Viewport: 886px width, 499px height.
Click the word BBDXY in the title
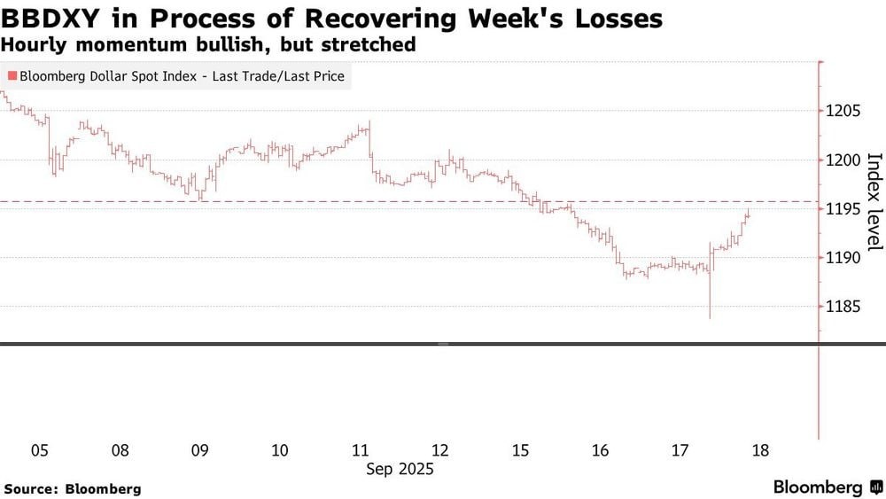point(51,19)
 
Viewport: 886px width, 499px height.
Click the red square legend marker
point(10,77)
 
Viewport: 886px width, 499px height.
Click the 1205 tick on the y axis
point(844,111)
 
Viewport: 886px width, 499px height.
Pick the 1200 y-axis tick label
point(844,160)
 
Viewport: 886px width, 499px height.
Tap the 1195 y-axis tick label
point(844,209)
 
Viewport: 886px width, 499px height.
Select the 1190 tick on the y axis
point(844,258)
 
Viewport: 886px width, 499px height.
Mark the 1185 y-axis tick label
point(844,307)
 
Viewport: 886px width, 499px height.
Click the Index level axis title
point(874,200)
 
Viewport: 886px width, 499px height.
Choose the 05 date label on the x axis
point(40,450)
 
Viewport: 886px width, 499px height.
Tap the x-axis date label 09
point(200,450)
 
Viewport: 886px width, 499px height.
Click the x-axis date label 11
point(360,450)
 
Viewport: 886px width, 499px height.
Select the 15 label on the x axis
point(520,450)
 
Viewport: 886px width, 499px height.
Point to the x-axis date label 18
point(759,450)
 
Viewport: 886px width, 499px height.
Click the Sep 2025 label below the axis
point(400,469)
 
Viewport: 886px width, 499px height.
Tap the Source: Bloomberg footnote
point(73,488)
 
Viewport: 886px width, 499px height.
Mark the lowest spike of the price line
point(710,316)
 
